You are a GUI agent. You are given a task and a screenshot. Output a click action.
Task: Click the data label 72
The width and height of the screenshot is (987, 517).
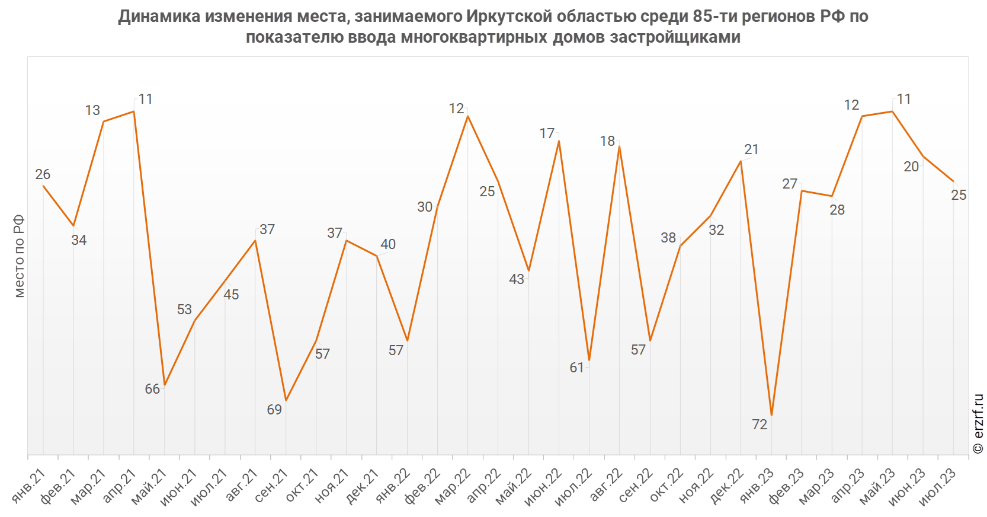[760, 425]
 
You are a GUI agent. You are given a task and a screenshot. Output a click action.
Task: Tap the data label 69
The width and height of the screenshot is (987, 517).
[274, 410]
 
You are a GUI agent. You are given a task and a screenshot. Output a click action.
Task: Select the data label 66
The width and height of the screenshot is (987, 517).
[152, 389]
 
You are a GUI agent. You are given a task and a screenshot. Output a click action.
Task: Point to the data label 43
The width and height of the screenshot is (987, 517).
[517, 279]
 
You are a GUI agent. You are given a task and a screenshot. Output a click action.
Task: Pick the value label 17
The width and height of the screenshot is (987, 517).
[547, 134]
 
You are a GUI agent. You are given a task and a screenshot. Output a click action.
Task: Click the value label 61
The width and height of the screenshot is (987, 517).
[577, 368]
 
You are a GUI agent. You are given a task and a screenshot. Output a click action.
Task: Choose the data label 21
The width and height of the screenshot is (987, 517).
[751, 149]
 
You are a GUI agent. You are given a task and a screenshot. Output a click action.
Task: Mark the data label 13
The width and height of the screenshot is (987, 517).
[92, 110]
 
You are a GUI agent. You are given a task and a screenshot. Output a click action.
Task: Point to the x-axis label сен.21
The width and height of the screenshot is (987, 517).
[272, 485]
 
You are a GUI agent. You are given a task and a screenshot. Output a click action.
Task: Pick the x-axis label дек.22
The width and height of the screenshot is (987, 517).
[727, 485]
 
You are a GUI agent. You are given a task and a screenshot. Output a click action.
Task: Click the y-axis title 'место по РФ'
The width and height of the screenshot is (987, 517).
[19, 256]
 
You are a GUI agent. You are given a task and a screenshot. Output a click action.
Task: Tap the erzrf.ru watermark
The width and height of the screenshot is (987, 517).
[978, 424]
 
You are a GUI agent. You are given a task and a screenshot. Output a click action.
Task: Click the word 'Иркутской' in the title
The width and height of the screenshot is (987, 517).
[509, 16]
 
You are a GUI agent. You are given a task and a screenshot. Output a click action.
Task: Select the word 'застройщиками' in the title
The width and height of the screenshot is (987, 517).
[675, 37]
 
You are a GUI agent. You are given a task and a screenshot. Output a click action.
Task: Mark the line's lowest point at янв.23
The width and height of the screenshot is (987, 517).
[771, 415]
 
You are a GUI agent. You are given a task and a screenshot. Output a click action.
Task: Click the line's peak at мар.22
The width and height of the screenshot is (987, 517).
[468, 116]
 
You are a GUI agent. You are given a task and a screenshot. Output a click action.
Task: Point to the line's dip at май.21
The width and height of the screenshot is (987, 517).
[165, 385]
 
